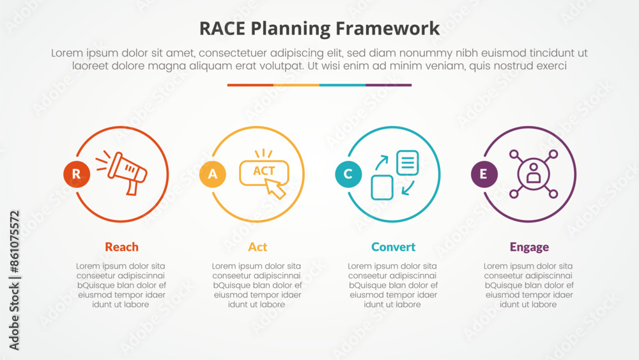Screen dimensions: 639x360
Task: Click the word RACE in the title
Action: [x=222, y=29]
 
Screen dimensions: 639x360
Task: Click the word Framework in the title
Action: [x=388, y=29]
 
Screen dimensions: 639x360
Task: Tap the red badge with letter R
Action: [x=77, y=174]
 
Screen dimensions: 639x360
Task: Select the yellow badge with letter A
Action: [x=213, y=174]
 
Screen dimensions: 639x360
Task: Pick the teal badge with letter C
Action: [x=348, y=174]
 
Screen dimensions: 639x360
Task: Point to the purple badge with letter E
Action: [x=484, y=174]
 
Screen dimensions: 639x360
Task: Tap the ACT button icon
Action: [x=264, y=173]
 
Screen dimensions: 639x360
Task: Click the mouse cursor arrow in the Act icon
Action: [x=276, y=189]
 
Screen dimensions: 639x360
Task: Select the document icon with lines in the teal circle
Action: [x=408, y=162]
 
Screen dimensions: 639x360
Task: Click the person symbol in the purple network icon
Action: [x=534, y=173]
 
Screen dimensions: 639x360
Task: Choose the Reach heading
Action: [x=121, y=247]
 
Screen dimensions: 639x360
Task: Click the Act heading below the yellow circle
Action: [x=258, y=247]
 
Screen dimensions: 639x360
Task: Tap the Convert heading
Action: [x=393, y=247]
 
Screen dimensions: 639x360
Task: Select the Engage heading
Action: [x=529, y=247]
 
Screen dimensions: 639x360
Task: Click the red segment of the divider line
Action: [x=250, y=85]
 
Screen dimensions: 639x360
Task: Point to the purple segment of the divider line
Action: [x=389, y=85]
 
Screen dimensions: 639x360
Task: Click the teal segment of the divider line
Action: [x=343, y=85]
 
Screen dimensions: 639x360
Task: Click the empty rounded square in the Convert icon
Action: [x=382, y=187]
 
